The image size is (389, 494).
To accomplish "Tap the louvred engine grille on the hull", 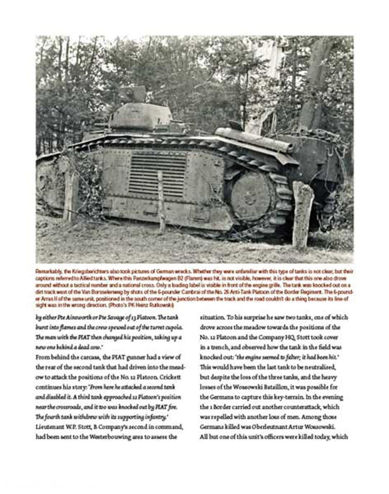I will click(x=157, y=174).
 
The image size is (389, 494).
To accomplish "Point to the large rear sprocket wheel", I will click(x=251, y=197).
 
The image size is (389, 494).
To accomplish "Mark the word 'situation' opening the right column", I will click(x=212, y=318).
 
